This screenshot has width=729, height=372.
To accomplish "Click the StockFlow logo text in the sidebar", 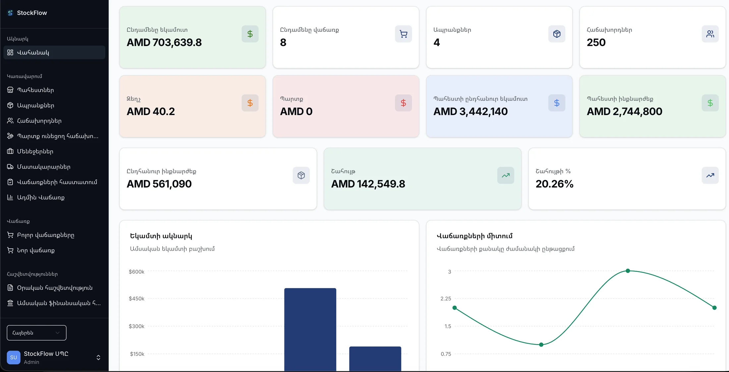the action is (32, 13).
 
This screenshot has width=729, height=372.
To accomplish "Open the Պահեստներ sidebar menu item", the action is (35, 90).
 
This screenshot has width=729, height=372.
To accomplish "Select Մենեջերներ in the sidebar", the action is (35, 152).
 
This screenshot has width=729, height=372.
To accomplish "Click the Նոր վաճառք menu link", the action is (35, 250).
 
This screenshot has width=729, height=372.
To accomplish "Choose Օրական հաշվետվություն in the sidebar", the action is (55, 288).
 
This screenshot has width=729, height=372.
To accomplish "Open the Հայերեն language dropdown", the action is (36, 333).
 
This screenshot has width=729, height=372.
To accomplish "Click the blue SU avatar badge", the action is (14, 357).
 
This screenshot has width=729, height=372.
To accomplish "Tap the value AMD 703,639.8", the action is (164, 42).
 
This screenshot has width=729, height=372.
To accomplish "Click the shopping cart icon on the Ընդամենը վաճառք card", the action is (403, 34).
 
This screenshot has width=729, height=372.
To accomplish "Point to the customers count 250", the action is (596, 42).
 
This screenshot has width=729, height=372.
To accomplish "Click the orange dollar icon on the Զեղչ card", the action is (250, 103).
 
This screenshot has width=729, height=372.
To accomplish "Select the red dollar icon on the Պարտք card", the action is (403, 103).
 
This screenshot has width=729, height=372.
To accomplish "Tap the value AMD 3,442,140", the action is (471, 111).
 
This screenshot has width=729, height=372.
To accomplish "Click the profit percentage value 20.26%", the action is (554, 184).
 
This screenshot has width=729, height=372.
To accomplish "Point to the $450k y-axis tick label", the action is (137, 299).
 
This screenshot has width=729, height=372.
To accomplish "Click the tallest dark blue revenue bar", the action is (310, 330).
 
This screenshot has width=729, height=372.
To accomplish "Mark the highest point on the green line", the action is (628, 271).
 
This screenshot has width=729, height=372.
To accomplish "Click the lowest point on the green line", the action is (541, 345).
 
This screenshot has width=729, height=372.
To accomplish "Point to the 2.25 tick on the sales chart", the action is (446, 299).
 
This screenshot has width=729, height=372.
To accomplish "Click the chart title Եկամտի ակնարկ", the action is (161, 236).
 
